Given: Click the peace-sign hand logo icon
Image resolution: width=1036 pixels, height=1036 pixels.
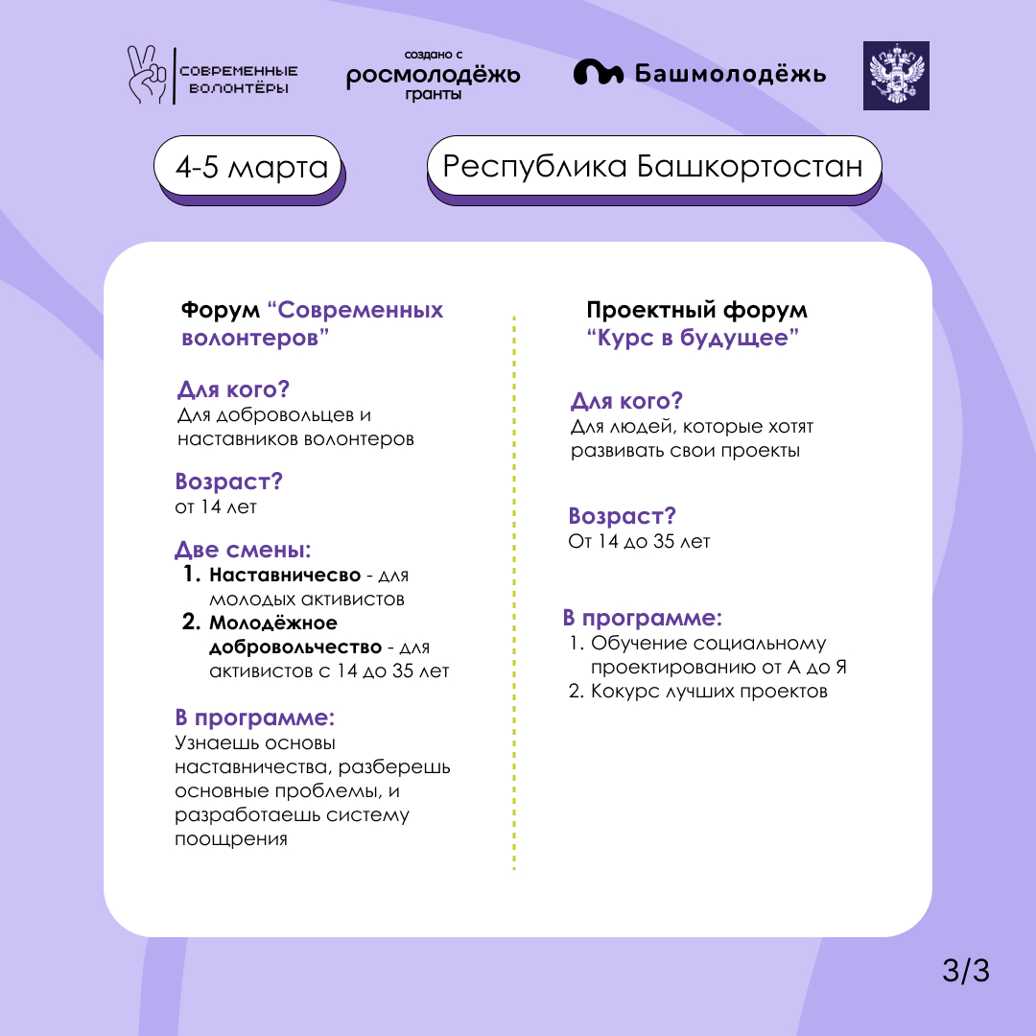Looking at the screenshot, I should pos(148,74).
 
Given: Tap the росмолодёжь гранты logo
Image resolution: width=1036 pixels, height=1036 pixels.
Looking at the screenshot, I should pos(434,76).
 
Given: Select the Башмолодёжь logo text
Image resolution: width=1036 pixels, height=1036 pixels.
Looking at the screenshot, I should pos(700,74).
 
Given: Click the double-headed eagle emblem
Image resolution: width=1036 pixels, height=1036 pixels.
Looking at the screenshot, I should pos(896,74).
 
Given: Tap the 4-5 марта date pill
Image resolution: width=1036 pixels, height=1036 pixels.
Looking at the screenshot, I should pos(250,168).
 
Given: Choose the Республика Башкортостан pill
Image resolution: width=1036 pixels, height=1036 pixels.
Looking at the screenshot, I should pos(652,166).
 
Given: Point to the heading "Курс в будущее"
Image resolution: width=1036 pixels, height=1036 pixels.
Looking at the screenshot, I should pos(693,339).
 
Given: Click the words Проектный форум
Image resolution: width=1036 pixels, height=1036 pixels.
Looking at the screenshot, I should pos(696,311).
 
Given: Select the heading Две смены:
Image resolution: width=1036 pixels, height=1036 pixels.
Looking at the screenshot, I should pos(243,551).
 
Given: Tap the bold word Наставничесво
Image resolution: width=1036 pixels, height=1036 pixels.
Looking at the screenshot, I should pos(278,576).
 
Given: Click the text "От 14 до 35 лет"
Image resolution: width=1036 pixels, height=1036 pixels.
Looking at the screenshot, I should pos(639,542).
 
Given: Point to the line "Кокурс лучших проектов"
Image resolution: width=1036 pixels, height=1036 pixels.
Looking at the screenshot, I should pos(708,692).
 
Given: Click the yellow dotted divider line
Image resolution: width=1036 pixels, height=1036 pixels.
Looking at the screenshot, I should pos(514,595).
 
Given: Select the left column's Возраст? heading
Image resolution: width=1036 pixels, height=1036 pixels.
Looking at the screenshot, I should pos(228,482).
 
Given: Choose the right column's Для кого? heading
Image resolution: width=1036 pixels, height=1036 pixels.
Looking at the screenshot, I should pos(626,401).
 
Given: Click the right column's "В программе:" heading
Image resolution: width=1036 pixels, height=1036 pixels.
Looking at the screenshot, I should pos(642,617).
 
